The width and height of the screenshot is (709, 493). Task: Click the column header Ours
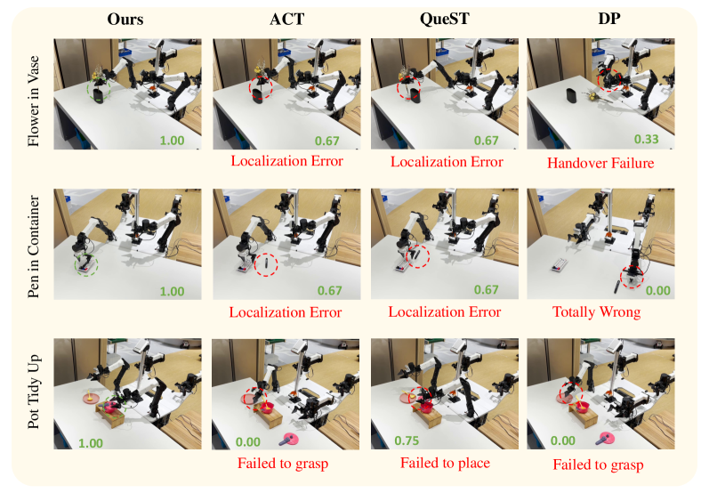pyautogui.click(x=125, y=19)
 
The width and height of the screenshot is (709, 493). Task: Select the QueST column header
pyautogui.click(x=445, y=19)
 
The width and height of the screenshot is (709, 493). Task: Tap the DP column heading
pyautogui.click(x=609, y=19)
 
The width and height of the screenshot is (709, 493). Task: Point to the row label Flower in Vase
pyautogui.click(x=34, y=101)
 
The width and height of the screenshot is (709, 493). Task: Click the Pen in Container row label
pyautogui.click(x=34, y=246)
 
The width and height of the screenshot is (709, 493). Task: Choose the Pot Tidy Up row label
pyautogui.click(x=34, y=392)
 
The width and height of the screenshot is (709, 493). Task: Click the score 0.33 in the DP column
pyautogui.click(x=646, y=139)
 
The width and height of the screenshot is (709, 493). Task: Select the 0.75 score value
pyautogui.click(x=407, y=440)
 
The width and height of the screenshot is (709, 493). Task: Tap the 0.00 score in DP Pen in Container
pyautogui.click(x=658, y=290)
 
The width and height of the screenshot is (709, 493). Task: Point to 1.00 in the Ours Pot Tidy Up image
pyautogui.click(x=91, y=443)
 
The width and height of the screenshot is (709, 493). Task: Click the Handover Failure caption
pyautogui.click(x=600, y=163)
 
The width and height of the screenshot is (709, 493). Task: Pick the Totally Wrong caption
pyautogui.click(x=596, y=312)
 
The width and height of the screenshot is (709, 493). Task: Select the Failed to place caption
pyautogui.click(x=446, y=463)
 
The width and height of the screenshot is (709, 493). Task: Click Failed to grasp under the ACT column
pyautogui.click(x=283, y=464)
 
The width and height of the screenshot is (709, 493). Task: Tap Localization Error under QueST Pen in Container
pyautogui.click(x=445, y=312)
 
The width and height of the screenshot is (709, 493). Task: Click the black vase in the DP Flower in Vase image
pyautogui.click(x=571, y=96)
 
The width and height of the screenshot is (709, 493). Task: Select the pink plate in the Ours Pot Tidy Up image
pyautogui.click(x=91, y=398)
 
